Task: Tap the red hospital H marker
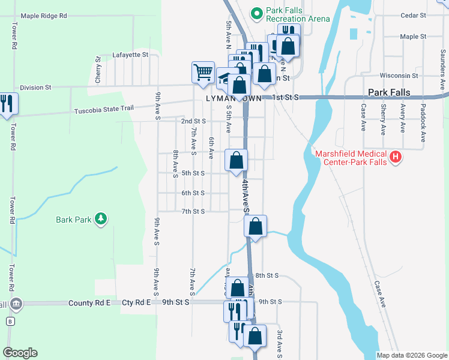tap(395, 158)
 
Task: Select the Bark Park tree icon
tap(101, 219)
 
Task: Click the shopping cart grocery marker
tap(203, 72)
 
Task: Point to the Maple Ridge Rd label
tap(43, 16)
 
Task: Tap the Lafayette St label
tap(130, 55)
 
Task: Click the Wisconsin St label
tap(399, 76)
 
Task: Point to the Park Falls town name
tap(388, 93)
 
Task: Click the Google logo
tap(20, 353)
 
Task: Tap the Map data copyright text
tap(411, 355)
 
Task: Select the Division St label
tap(35, 88)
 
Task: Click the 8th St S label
tap(267, 275)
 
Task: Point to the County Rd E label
tap(89, 303)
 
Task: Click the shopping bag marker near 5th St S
tap(237, 160)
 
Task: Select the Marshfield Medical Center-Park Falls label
tap(351, 158)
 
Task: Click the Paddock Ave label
tap(423, 121)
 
